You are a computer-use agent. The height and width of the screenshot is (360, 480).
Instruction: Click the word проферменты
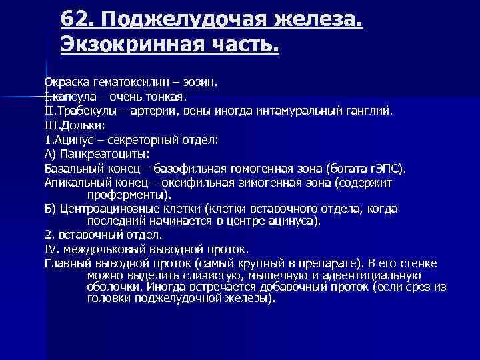pyautogui.click(x=126, y=195)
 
